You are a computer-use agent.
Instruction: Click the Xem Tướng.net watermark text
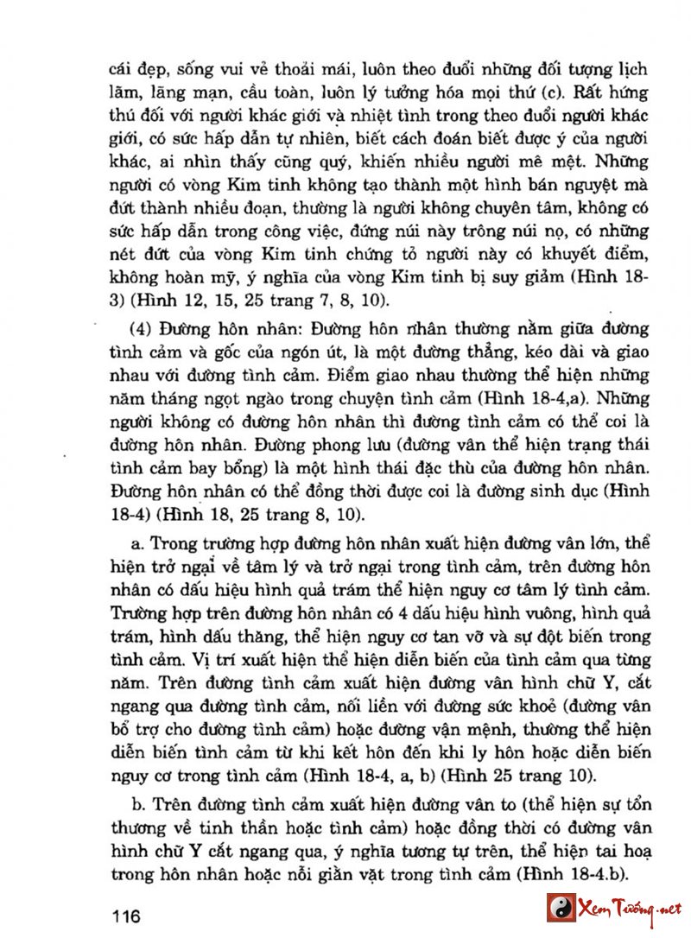(628, 909)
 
